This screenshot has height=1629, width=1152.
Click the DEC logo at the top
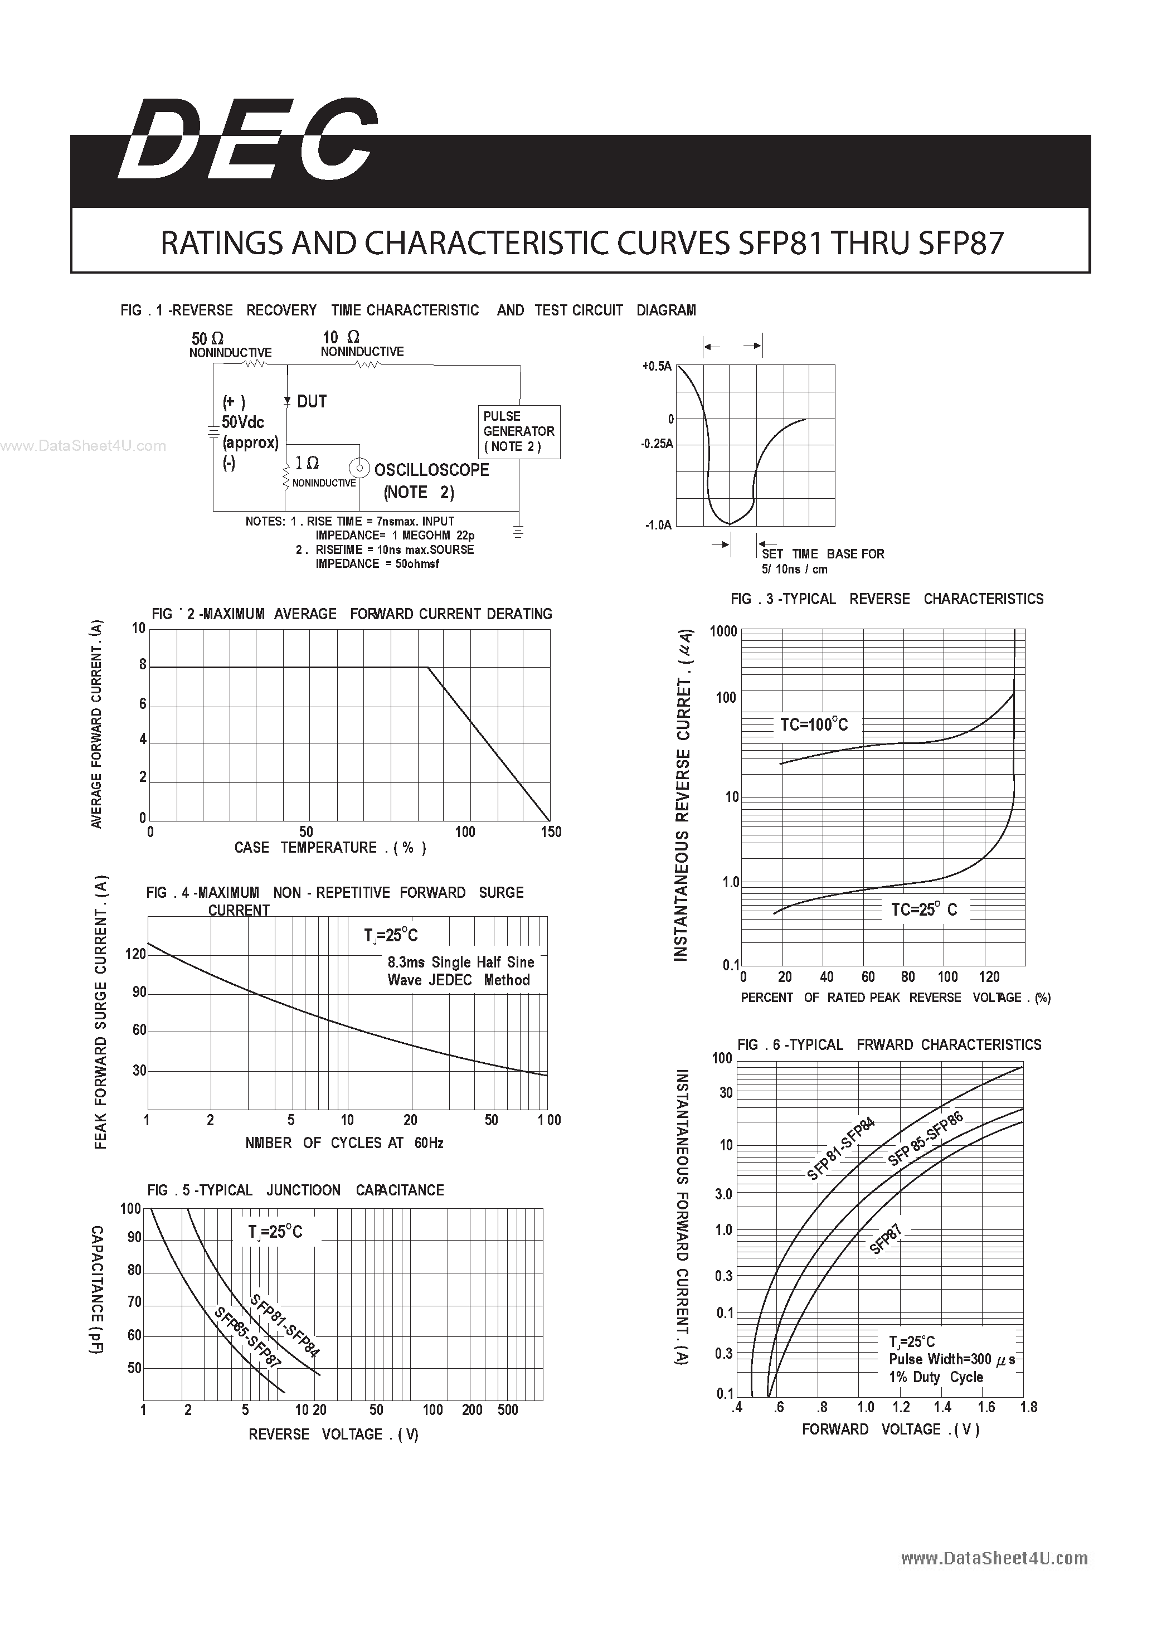(248, 140)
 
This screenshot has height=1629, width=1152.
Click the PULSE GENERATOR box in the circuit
(518, 431)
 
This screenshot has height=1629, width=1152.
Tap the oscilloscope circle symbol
(359, 468)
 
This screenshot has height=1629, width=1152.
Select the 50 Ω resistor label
(207, 339)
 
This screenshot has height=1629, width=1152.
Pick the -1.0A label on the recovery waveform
(658, 526)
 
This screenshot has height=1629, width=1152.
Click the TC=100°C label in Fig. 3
(814, 724)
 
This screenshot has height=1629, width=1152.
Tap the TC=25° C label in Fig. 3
(923, 910)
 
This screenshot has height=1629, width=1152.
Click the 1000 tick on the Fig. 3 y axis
(723, 631)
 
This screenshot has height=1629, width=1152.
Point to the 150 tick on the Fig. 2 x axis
(551, 831)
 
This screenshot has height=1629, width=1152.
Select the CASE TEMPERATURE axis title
(330, 848)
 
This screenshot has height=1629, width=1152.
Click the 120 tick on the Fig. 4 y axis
(135, 954)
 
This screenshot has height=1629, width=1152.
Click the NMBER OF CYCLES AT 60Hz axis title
(344, 1142)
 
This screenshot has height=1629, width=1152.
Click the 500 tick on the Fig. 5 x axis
(507, 1410)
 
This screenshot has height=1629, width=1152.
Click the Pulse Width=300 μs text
(951, 1359)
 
